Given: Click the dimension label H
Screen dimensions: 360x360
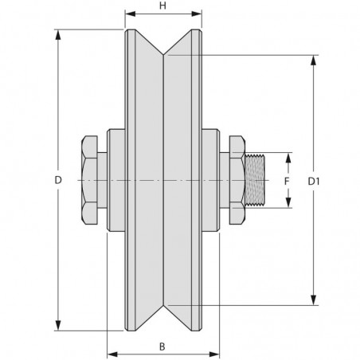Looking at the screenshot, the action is point(162,6).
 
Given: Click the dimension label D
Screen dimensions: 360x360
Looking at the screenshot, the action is point(58,180).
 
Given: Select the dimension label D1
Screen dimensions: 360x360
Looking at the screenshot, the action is point(314,182).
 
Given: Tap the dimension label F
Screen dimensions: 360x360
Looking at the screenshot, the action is point(287,182).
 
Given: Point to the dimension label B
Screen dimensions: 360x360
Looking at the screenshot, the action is point(162,346).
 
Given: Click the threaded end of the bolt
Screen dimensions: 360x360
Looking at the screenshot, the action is point(255,180).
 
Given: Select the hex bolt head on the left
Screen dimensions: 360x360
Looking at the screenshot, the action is point(89,180).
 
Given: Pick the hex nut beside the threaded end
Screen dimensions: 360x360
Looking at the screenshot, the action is point(237,180).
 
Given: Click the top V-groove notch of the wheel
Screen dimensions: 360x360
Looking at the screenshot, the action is point(163,55).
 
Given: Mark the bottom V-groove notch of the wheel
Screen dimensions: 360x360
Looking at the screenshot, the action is point(163,305).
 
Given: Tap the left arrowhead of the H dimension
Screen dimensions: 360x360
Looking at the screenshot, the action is point(131,14).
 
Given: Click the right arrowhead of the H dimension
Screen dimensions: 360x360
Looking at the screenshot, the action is point(197,14).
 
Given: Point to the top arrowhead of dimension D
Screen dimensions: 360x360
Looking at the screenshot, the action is point(58,35).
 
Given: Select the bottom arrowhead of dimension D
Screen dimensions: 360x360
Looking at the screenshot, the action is point(58,325).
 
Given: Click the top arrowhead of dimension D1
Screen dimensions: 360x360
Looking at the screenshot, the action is point(314,61).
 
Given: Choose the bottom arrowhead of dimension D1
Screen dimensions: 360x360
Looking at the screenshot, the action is point(314,299).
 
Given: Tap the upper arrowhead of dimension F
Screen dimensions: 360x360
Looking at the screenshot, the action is point(288,158).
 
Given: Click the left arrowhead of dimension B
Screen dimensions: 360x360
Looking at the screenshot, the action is point(112,354).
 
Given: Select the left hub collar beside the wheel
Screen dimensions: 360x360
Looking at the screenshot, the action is point(116,180).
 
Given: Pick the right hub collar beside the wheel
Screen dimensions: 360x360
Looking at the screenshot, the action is point(211,180).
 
